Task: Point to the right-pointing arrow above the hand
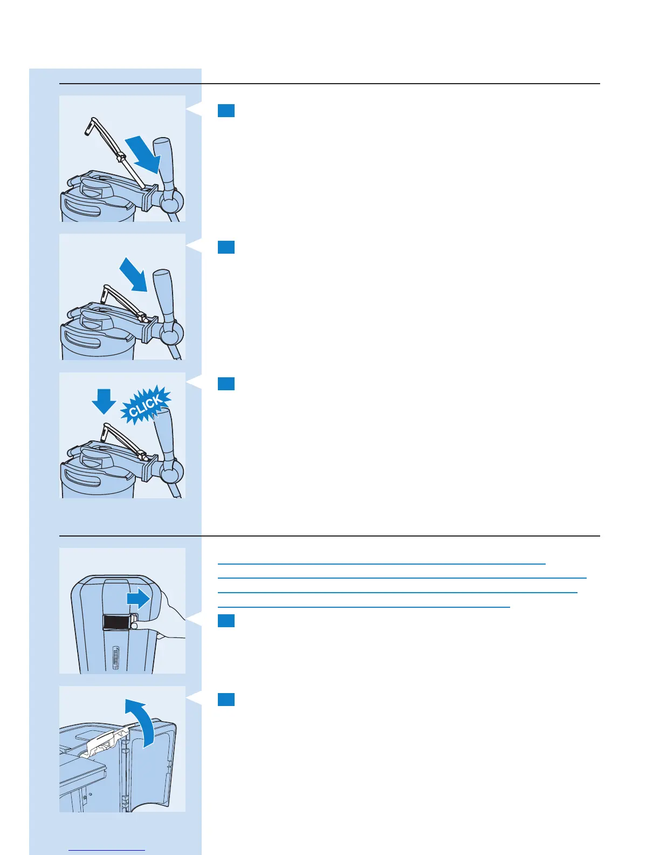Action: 139,599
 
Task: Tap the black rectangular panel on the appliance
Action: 117,622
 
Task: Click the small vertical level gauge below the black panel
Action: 115,659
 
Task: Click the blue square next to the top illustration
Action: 226,111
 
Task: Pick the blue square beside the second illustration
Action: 226,247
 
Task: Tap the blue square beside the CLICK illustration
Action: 226,384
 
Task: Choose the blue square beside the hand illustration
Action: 226,621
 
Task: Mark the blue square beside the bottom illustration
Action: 226,700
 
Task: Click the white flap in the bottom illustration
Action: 105,742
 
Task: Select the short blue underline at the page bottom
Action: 107,851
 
